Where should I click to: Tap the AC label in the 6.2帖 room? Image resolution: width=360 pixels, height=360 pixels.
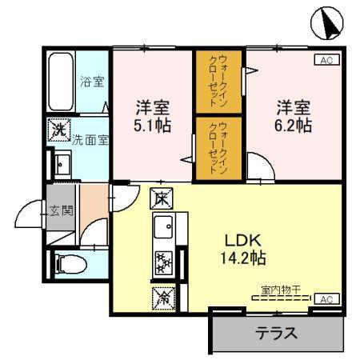pyautogui.click(x=326, y=60)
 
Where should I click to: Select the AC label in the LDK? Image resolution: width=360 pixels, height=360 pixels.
pyautogui.click(x=326, y=298)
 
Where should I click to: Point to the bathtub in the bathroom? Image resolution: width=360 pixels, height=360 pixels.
pyautogui.click(x=61, y=82)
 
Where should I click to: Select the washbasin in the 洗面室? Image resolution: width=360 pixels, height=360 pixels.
pyautogui.click(x=61, y=163)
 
